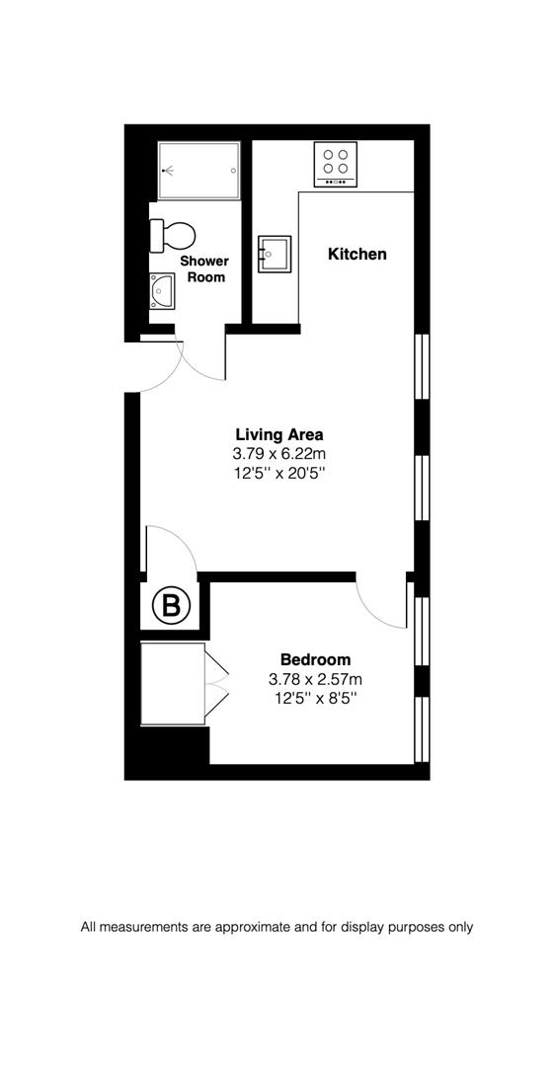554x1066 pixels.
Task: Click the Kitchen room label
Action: pos(356,254)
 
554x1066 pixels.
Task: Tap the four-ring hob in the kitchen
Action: pos(336,165)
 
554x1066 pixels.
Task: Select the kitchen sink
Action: pos(274,254)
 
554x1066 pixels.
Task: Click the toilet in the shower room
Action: pos(172,235)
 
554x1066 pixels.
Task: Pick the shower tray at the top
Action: pos(198,170)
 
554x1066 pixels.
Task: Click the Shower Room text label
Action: pos(203,269)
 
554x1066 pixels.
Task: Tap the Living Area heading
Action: pos(278,433)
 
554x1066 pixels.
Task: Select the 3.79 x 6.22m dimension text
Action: pos(278,454)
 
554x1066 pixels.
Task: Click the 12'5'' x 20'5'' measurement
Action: pos(278,474)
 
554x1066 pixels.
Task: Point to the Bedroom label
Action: pos(315,659)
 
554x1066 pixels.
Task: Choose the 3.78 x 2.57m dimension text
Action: pos(315,679)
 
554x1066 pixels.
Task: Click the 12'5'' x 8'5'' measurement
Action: pos(315,699)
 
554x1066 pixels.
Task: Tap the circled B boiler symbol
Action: pos(171,606)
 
